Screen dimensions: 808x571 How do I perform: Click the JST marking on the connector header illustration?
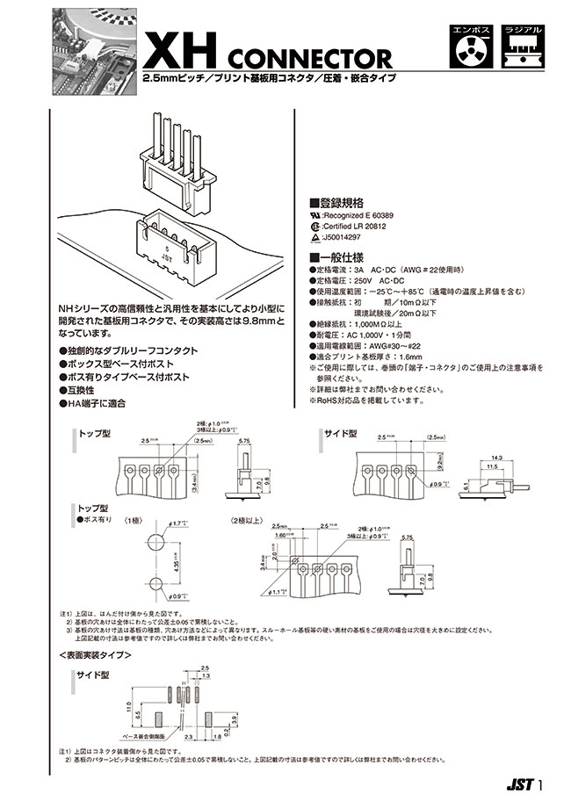[167, 261]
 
